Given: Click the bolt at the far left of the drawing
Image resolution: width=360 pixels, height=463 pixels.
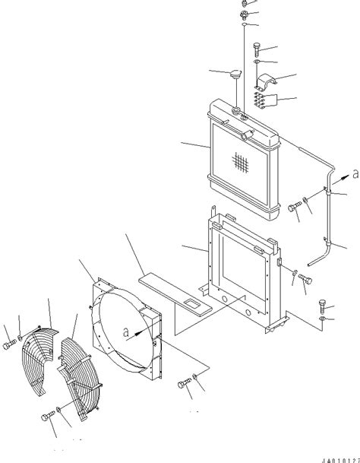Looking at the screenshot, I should tap(9, 346).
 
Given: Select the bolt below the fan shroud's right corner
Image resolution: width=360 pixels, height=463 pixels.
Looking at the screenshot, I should tap(184, 385).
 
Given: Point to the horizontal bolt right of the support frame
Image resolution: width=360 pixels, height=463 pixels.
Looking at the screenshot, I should tap(305, 278).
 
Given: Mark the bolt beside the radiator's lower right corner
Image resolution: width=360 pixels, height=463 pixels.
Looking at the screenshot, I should tap(292, 205).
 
